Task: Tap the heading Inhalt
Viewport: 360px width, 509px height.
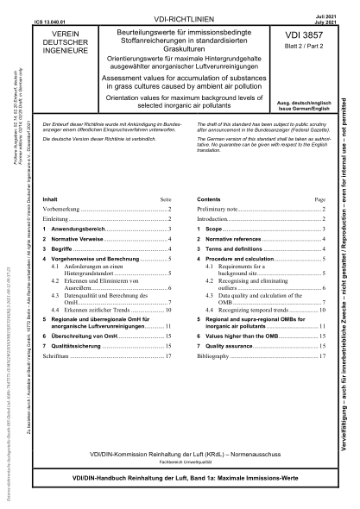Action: (x=52, y=198)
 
